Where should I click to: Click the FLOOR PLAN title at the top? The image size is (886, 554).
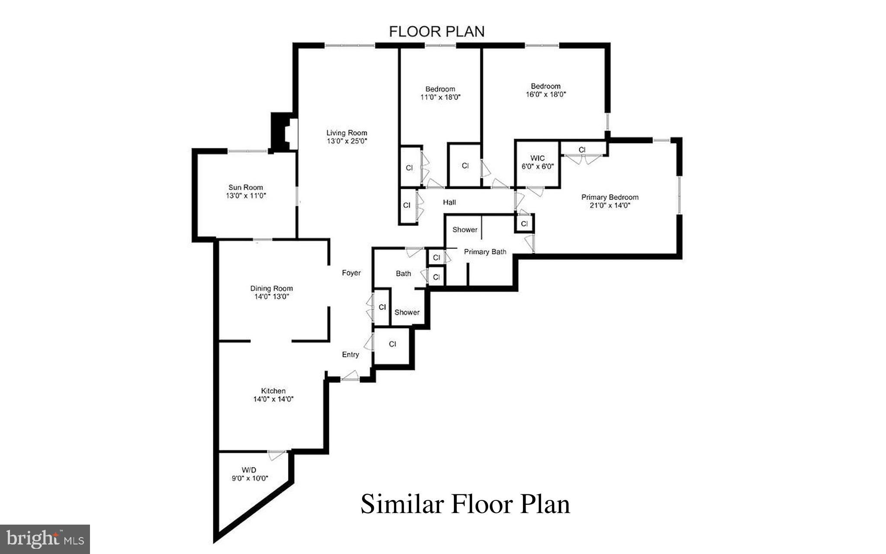coord(437,32)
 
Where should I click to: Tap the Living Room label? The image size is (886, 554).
coord(347,133)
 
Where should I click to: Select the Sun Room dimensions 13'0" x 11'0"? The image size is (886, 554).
coord(246,196)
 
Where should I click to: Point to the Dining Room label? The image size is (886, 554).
coord(271,288)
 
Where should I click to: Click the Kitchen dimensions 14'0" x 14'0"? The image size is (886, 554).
coord(273,399)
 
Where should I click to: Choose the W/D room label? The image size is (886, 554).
coord(249,470)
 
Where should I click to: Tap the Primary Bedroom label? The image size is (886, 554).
coord(610,197)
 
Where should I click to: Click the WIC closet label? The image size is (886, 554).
coord(537,158)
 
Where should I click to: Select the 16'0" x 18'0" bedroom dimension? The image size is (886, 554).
coord(546,94)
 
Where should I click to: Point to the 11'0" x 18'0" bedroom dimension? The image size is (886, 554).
coord(440,97)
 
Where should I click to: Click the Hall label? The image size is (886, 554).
coord(449,202)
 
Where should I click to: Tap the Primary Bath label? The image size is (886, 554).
coord(485,252)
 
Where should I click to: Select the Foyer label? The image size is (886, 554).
coord(351,273)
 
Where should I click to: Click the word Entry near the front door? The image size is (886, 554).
coord(350,354)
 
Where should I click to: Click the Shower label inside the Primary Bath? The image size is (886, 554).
coord(465,229)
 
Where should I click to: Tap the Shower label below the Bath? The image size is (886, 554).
coord(407,312)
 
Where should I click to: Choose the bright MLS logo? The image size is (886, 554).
coord(45,539)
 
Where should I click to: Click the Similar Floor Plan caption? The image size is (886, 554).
coord(465,504)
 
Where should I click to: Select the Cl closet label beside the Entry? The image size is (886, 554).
coord(392,344)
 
